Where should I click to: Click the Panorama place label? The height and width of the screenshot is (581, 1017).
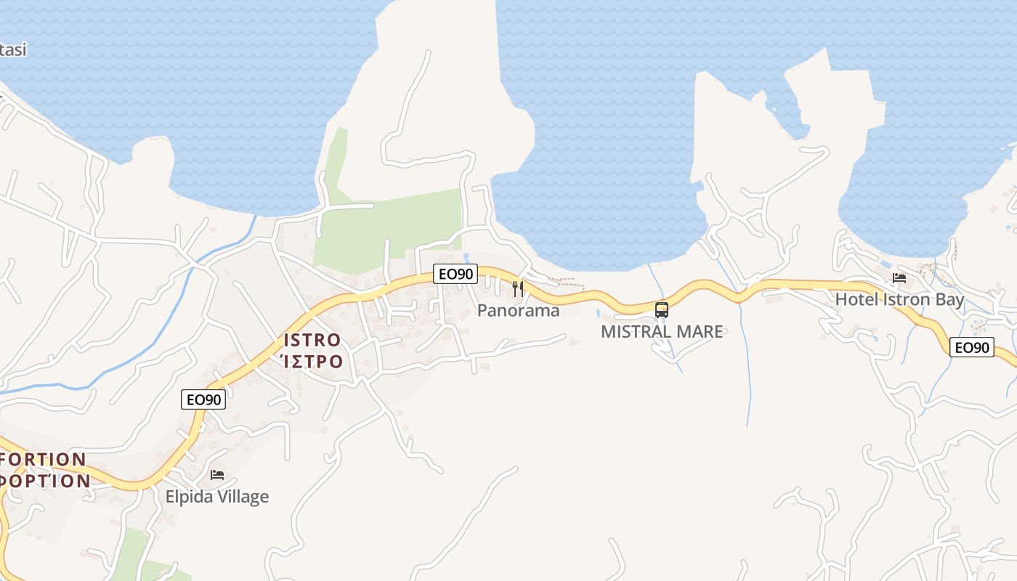[x=518, y=311]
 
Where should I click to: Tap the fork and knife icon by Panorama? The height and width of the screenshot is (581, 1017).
[x=518, y=288]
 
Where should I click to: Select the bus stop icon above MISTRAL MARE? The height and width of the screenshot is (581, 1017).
[x=662, y=309]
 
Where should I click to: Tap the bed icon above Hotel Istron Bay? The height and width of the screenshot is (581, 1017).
[x=899, y=277]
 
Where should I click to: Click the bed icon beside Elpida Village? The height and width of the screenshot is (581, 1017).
[x=217, y=475]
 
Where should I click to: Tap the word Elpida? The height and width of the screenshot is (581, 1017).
[x=189, y=497]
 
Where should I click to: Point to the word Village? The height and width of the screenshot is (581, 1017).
[x=243, y=497]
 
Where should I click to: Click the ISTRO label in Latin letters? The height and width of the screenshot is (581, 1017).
[x=312, y=340]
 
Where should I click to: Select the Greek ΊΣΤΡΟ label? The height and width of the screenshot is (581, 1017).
[x=312, y=360]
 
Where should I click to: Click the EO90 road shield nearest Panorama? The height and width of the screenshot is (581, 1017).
[x=456, y=274]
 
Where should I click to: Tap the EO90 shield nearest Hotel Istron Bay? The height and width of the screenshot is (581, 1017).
[x=972, y=347]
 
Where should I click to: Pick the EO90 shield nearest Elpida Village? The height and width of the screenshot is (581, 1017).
[x=204, y=399]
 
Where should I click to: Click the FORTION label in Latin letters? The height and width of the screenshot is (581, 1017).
[x=44, y=460]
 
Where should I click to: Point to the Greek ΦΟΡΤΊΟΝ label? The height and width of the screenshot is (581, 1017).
[x=45, y=480]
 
